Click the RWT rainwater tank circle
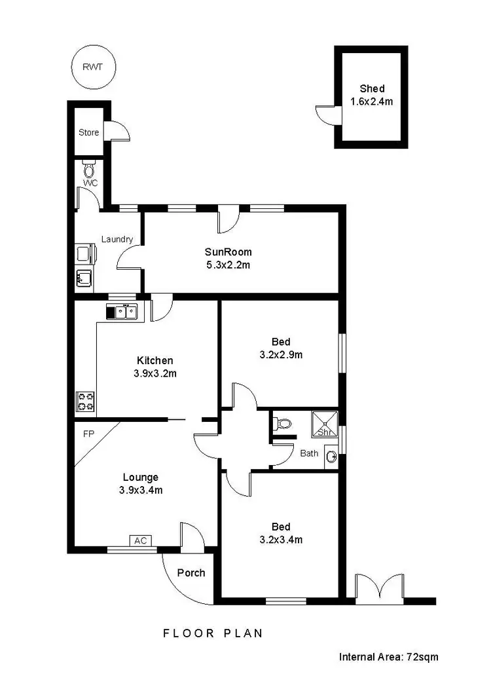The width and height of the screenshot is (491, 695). pos(92,67)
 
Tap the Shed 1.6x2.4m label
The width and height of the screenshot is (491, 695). pos(371,95)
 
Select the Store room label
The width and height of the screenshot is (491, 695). pos(89,132)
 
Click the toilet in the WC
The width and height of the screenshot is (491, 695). pos(89,170)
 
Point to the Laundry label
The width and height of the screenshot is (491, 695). pos(117,239)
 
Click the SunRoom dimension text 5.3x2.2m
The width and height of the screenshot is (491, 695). pos(228,265)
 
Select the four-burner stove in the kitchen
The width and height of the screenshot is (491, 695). pos(86,401)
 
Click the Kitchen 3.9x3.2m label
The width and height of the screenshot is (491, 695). pos(155,367)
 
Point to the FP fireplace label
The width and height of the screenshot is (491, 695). pos(88,434)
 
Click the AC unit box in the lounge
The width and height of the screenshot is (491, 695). pos(139,540)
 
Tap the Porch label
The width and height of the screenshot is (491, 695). pos(191,573)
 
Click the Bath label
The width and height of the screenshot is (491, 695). pos(309,453)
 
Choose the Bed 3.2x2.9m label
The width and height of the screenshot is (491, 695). pos(280,348)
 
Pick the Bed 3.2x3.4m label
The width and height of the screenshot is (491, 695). pos(280,533)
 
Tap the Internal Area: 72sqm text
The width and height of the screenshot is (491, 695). pos(388,656)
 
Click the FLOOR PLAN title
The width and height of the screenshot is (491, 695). pos(213,633)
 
